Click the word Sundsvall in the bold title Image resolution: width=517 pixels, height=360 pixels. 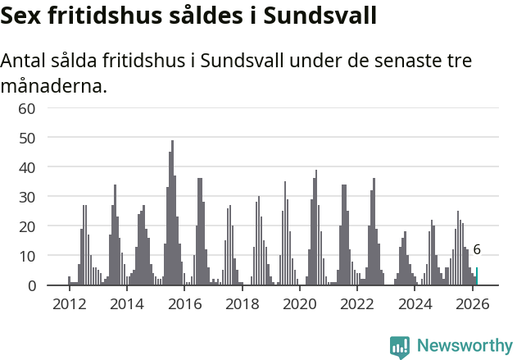click(322, 16)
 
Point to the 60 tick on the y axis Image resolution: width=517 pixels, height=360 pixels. click(27, 108)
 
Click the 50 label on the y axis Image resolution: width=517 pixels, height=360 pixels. click(27, 138)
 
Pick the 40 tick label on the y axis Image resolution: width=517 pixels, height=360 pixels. click(27, 167)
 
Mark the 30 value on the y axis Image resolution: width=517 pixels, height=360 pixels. click(27, 197)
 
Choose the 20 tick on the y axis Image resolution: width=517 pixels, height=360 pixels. click(27, 226)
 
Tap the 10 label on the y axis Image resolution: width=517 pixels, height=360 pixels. click(27, 256)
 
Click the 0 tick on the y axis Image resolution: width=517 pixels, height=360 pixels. click(31, 285)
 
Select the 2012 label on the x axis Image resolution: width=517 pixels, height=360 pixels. click(69, 303)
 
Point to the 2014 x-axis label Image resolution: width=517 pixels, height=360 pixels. click(126, 303)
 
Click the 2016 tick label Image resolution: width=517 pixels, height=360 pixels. click(184, 303)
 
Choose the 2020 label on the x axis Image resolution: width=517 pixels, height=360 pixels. click(300, 303)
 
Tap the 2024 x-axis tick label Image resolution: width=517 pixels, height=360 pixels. click(415, 303)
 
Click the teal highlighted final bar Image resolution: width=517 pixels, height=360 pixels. click(477, 276)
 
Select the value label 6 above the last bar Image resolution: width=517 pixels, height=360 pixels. click(477, 250)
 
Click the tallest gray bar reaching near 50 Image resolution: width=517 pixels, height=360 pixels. click(172, 213)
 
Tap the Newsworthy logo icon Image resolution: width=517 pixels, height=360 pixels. click(400, 347)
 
